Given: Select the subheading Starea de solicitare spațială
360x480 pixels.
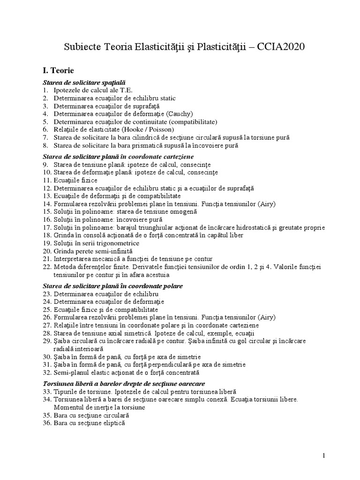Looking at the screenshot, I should click(84, 82).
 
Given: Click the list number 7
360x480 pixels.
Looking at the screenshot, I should click(45, 137).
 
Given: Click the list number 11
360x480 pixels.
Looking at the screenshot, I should click(46, 180).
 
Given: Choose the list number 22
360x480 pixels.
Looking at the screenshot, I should click(46, 267).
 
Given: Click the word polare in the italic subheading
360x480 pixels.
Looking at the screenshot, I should click(172, 286).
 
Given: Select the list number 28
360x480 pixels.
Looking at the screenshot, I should click(46, 333).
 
